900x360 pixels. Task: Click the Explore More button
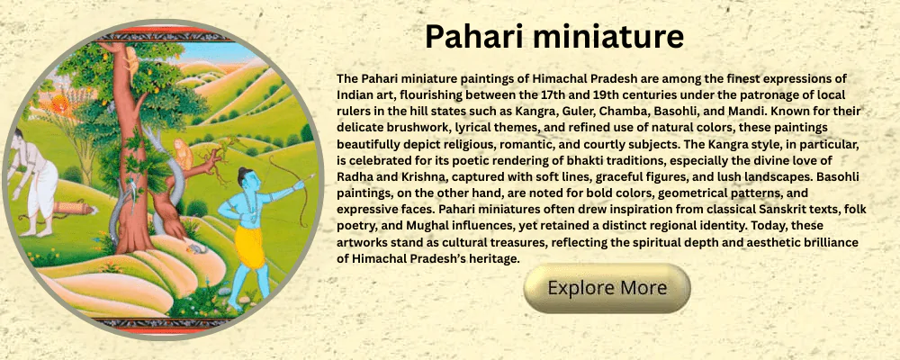pyautogui.click(x=607, y=288)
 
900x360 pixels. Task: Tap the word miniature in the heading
pyautogui.click(x=608, y=36)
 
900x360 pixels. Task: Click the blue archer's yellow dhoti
pyautogui.click(x=250, y=247)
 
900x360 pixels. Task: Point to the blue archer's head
pyautogui.click(x=249, y=180)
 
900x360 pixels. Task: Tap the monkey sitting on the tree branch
pyautogui.click(x=183, y=153)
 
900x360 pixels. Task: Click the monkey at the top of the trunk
pyautogui.click(x=131, y=63)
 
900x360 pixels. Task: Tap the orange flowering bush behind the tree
pyautogui.click(x=59, y=105)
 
